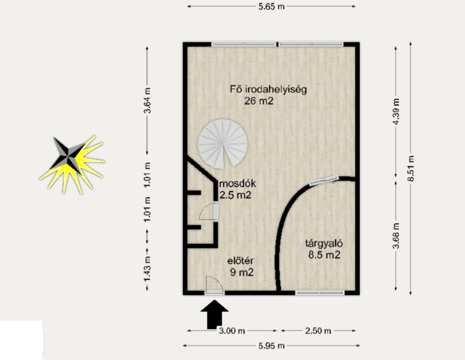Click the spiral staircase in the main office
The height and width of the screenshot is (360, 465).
tap(223, 143)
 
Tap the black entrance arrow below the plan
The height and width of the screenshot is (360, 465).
tap(214, 314)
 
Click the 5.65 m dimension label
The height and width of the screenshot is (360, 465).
tap(271, 6)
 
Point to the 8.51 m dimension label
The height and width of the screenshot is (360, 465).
tap(411, 168)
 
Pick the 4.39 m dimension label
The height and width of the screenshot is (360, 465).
tap(396, 111)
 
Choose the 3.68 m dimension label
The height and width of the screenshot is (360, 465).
tap(396, 236)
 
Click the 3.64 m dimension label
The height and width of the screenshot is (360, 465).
tap(148, 100)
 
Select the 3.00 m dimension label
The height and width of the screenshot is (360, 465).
tap(232, 330)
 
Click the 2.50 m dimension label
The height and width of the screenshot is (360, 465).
tap(318, 330)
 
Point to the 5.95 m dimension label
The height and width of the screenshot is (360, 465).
tap(271, 346)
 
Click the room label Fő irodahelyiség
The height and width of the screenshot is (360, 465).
tap(268, 89)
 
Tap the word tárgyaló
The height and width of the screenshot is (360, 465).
tap(324, 244)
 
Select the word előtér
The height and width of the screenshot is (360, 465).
tap(240, 261)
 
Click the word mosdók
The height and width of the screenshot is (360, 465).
tap(237, 183)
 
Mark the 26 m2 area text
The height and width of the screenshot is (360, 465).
tap(259, 101)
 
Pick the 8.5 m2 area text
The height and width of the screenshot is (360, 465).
tap(324, 255)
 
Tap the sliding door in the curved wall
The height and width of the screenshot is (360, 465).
tap(324, 181)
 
